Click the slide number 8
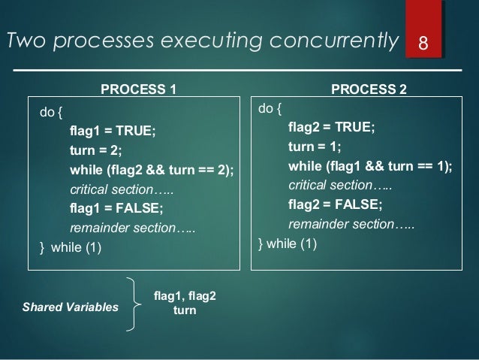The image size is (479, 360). tap(423, 42)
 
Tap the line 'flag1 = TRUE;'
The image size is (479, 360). tap(112, 131)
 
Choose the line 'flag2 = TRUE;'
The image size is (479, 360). tap(331, 126)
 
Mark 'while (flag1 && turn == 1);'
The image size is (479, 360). tap(370, 165)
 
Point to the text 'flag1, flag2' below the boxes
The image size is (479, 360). tap(185, 295)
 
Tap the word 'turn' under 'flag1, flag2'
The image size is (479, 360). tap(185, 309)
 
